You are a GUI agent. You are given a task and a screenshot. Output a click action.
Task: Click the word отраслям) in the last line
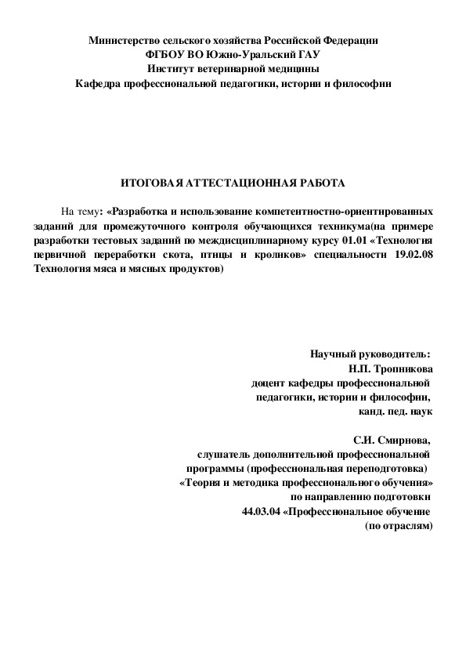pos(408,526)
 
